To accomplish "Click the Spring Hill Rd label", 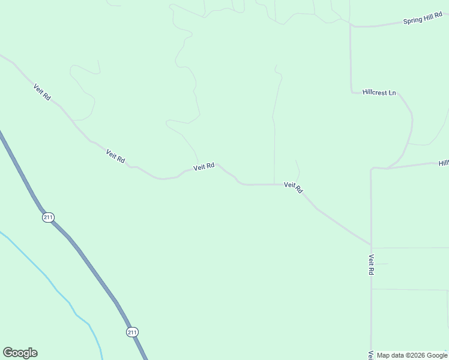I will click(423, 20).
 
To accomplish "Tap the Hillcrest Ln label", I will click(379, 92).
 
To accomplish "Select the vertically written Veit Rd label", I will click(372, 265).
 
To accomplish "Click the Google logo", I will click(20, 353).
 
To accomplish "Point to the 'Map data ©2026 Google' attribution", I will click(412, 355).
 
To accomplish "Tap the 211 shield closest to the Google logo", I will click(132, 332).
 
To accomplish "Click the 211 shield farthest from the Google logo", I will click(48, 217).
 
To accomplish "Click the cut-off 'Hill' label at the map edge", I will click(444, 163).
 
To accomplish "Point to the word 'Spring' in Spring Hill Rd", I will click(413, 22).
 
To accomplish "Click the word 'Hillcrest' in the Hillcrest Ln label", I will click(375, 92).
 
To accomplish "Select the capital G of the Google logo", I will click(8, 352).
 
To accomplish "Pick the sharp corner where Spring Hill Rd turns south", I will click(351, 26).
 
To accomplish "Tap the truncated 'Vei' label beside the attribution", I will click(372, 355).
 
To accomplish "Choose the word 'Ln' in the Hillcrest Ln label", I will click(393, 93).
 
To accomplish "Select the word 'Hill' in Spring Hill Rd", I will click(429, 20).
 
